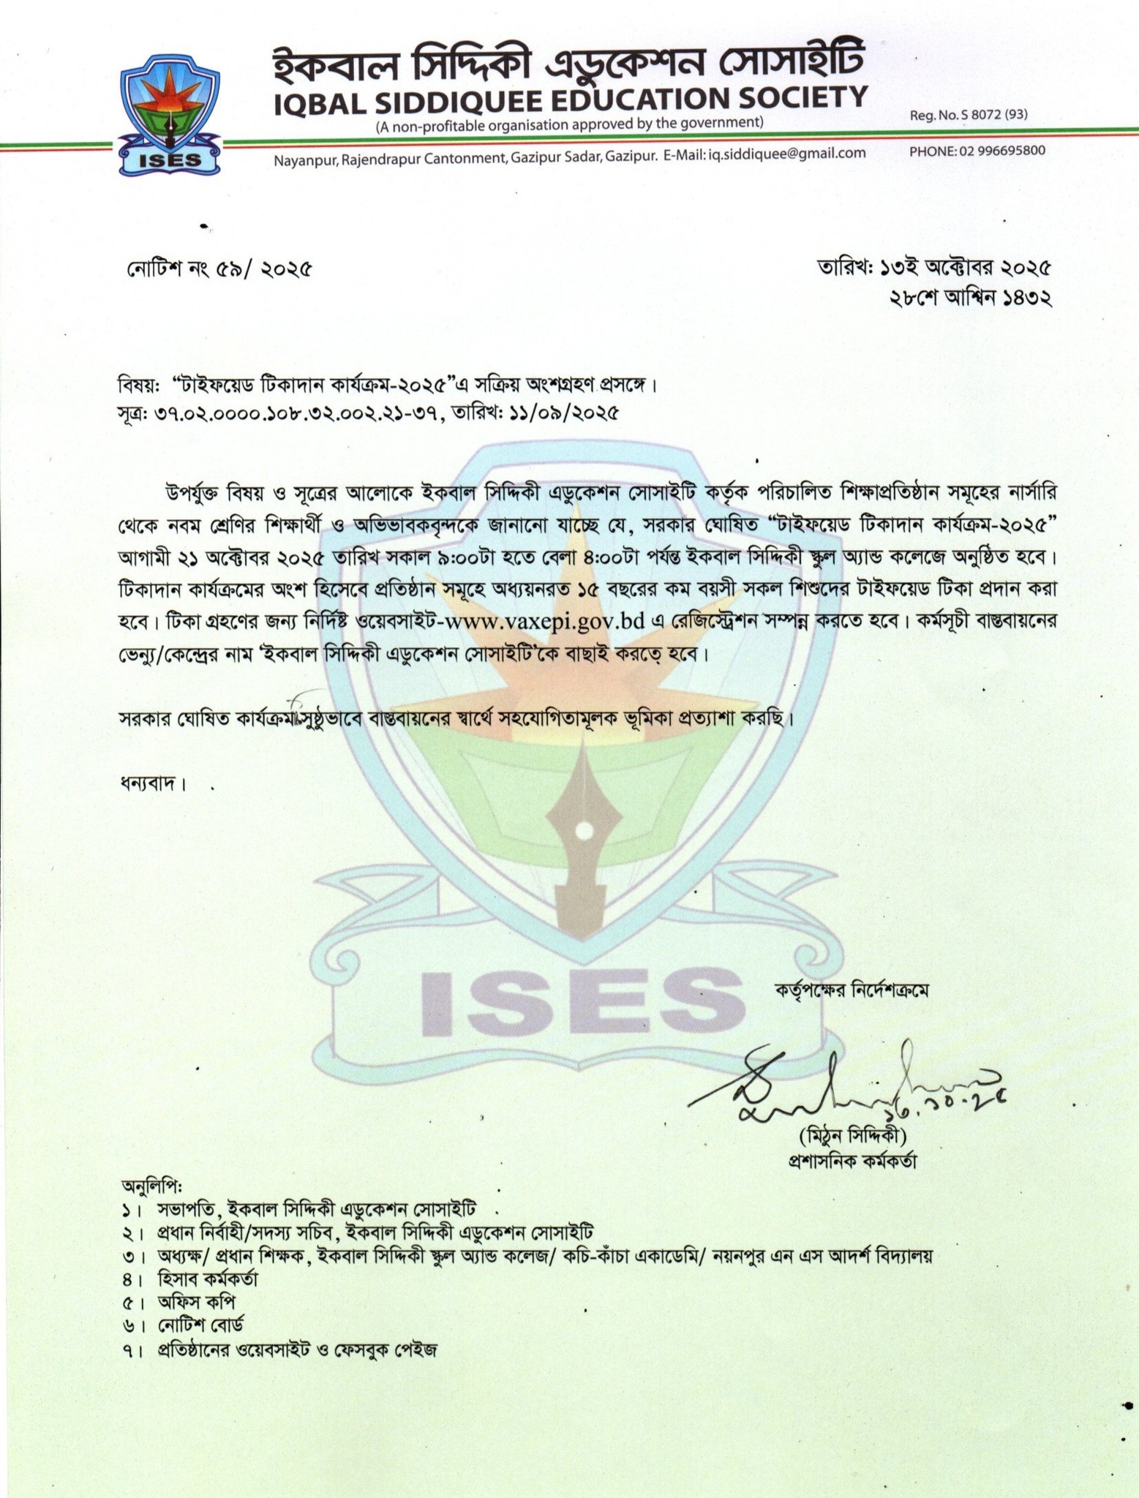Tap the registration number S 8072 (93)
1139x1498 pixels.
coord(969,116)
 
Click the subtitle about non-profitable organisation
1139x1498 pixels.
coord(570,124)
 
